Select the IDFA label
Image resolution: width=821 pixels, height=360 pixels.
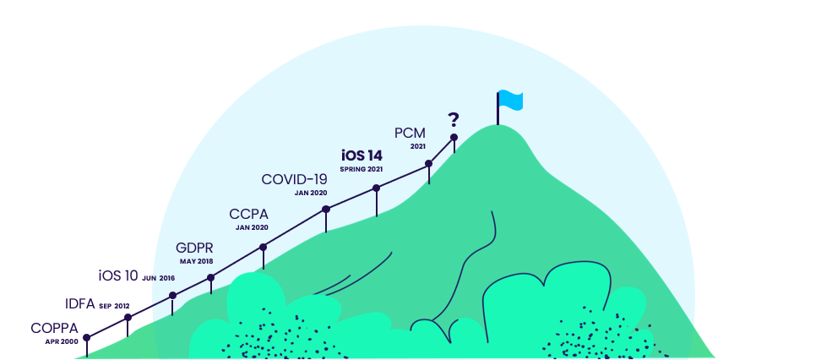[x=80, y=304]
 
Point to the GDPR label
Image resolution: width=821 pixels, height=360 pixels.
[x=194, y=248]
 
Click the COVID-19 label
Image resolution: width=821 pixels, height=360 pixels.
[x=294, y=179]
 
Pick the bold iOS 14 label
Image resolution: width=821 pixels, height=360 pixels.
[x=362, y=155]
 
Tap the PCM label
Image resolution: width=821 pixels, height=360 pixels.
[x=410, y=133]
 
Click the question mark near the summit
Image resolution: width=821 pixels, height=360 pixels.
[x=454, y=119]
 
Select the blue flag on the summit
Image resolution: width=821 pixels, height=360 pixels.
[x=510, y=100]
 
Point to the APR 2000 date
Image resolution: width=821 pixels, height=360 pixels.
[x=62, y=341]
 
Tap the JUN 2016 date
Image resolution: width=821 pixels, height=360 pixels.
[x=159, y=277]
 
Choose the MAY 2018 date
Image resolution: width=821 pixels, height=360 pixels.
[x=196, y=261]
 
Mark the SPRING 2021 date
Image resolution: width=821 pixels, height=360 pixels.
[x=362, y=169]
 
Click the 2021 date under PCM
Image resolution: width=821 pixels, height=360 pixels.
[x=418, y=146]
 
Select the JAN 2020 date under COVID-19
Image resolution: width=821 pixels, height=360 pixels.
[x=310, y=193]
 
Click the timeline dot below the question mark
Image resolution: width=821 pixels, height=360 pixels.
[x=454, y=137]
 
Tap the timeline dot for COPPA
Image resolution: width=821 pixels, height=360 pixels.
[x=86, y=336]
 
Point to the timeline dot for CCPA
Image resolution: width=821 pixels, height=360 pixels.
[x=263, y=248]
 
